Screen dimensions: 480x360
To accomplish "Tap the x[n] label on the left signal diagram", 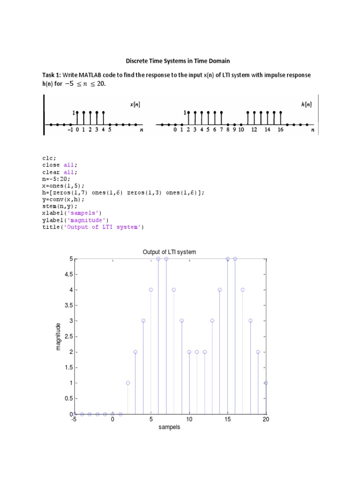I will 135,105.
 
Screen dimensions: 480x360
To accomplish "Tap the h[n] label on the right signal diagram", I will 307,105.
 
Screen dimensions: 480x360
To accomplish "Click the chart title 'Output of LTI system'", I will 169,252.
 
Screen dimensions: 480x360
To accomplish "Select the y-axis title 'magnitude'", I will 58,336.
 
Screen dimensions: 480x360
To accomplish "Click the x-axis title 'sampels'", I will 169,427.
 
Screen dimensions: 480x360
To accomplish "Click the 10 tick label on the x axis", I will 189,420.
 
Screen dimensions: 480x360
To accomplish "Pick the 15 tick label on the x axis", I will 227,420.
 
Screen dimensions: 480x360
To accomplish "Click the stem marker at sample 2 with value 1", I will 127,383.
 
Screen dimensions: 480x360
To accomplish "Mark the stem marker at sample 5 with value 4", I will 151,290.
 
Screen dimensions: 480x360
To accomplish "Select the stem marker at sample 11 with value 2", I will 197,352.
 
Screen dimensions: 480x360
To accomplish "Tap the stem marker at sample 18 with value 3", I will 250,321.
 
